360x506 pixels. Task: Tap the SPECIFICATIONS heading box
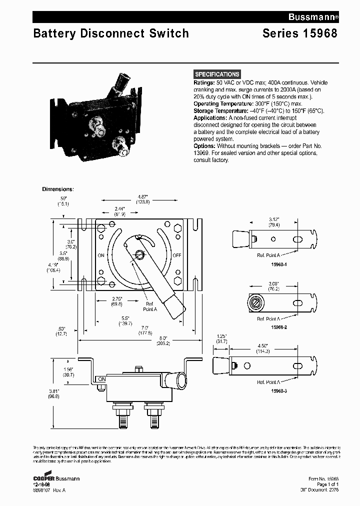pyautogui.click(x=217, y=74)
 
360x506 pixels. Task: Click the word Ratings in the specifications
pyautogui.click(x=203, y=82)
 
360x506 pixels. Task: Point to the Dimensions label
pyautogui.click(x=57, y=189)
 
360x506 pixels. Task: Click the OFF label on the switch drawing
pyautogui.click(x=176, y=255)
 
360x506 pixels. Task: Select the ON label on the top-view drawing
pyautogui.click(x=100, y=255)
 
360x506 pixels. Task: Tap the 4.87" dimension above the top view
pyautogui.click(x=142, y=197)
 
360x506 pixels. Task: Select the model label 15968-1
pyautogui.click(x=270, y=265)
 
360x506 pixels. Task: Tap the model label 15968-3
pyautogui.click(x=270, y=389)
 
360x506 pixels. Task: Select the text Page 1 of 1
pyautogui.click(x=327, y=484)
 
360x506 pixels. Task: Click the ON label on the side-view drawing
pyautogui.click(x=101, y=379)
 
